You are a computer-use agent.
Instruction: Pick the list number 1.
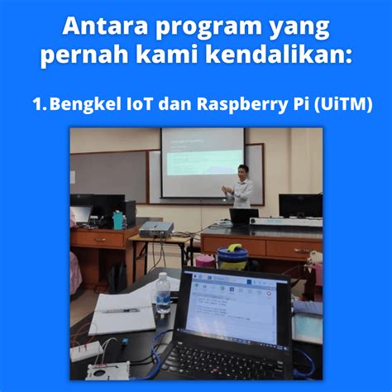(x=36, y=104)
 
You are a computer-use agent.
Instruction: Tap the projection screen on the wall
(x=202, y=162)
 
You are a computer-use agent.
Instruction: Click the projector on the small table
(x=155, y=229)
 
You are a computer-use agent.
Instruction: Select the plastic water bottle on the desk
(x=163, y=293)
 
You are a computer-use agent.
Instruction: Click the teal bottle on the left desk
(x=118, y=220)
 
